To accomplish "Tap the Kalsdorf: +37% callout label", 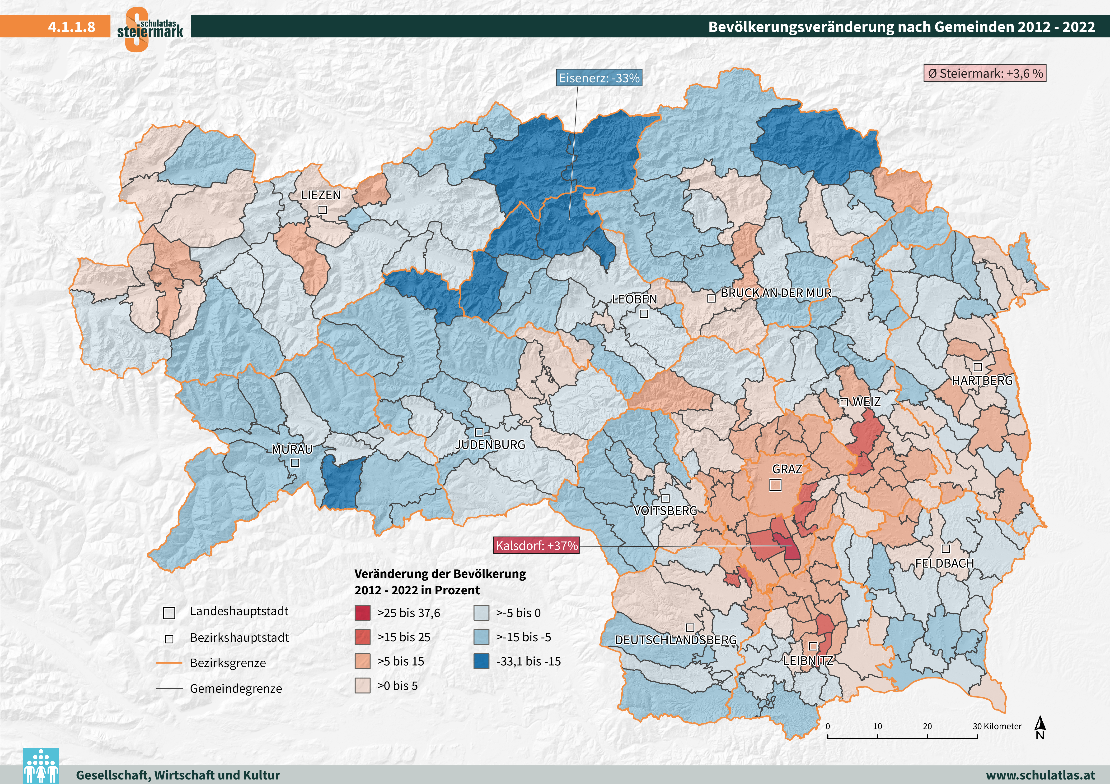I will (x=536, y=546).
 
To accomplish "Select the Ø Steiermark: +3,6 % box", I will (x=985, y=73).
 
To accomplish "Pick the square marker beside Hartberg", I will (x=978, y=367).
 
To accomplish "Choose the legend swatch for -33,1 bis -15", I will (x=482, y=661).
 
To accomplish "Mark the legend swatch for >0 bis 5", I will (x=363, y=685).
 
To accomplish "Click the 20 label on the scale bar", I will (x=927, y=726).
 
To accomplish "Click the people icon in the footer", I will (x=41, y=766).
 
